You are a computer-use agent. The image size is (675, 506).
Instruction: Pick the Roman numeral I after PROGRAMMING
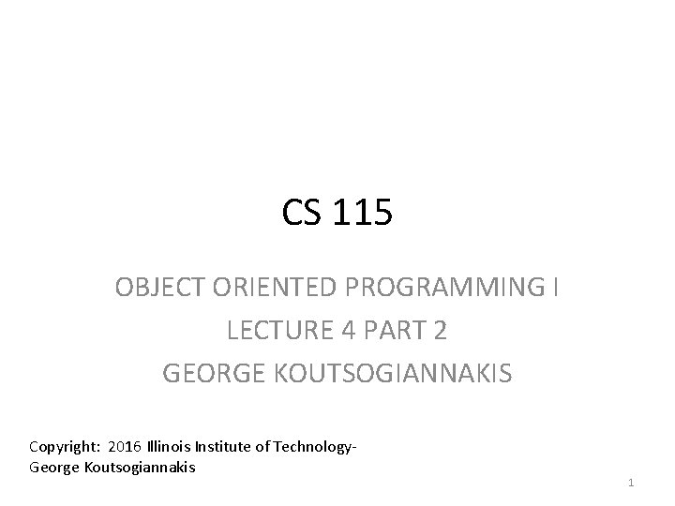[556, 288]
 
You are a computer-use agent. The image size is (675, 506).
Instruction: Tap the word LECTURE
[267, 331]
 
